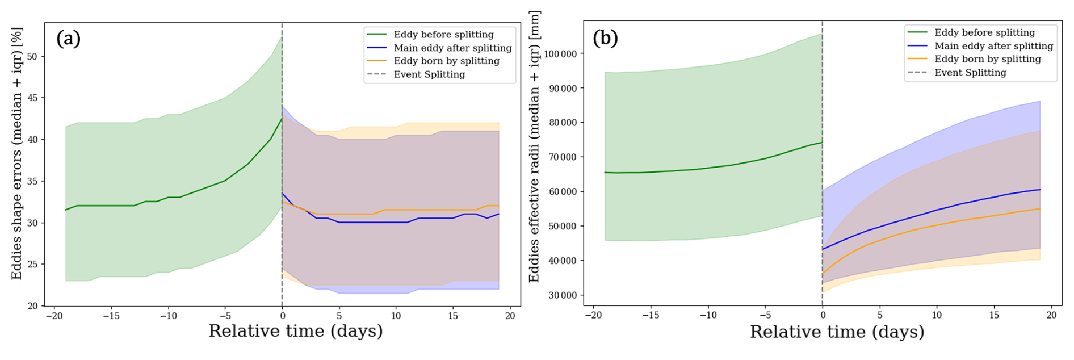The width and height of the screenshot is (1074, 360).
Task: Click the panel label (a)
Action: [68, 38]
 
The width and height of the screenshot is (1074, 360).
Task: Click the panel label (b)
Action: [605, 37]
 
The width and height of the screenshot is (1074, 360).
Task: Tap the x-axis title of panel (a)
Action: [296, 331]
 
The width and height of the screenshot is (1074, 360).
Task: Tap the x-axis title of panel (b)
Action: [837, 332]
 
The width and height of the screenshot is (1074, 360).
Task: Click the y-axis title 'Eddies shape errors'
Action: [16, 153]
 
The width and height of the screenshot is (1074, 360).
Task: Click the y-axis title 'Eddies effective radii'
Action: [534, 146]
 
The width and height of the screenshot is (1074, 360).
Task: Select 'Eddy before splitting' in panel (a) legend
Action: [444, 35]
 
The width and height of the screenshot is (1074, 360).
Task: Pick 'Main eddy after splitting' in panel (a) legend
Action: [453, 48]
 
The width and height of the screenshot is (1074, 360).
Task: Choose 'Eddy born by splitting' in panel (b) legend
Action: [988, 59]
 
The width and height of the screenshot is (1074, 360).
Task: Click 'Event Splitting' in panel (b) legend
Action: [971, 73]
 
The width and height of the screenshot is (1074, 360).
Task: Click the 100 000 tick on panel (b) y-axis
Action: [560, 54]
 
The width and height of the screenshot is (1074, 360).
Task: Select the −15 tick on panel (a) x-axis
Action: [111, 316]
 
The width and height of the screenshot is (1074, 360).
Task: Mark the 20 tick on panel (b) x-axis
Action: [1051, 315]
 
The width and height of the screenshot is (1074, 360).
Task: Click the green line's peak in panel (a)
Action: [282, 118]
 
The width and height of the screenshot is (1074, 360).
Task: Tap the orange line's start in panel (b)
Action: [823, 274]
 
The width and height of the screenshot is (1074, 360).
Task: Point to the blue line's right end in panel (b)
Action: [1040, 190]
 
